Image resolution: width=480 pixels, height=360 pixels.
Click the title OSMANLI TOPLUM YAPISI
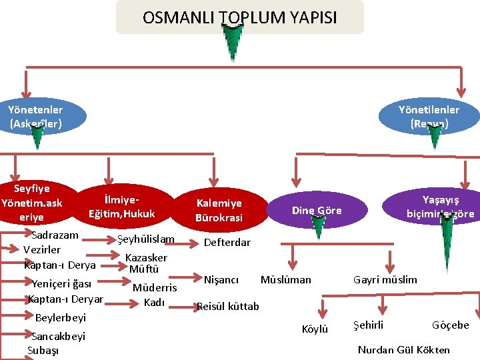pos(240,17)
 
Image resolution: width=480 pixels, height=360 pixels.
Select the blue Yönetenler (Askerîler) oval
pos(36,116)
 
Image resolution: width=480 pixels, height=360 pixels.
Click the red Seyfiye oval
pos(32,203)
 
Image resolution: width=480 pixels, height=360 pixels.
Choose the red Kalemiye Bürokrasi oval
pos(219,210)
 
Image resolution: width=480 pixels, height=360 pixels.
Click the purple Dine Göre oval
pos(317,211)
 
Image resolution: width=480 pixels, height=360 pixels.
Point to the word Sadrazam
pos(55,235)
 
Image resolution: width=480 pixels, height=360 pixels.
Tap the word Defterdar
pos(227,243)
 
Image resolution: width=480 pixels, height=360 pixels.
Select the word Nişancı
pos(221,279)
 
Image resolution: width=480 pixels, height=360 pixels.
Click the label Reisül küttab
pos(227,307)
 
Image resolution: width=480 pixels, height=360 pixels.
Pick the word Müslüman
pos(285,279)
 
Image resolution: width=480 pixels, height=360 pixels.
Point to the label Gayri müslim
pos(385,279)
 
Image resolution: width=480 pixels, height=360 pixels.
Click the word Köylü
pos(315,329)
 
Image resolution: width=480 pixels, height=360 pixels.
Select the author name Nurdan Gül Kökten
pos(403,350)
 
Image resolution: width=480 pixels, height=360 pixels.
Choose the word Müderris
pos(155,288)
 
